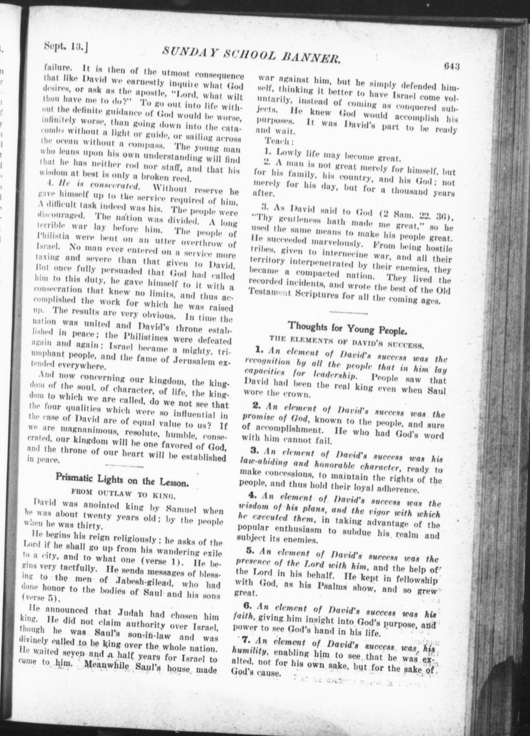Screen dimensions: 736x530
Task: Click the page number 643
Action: click(x=451, y=66)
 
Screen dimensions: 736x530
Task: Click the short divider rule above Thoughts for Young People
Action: click(x=349, y=312)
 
